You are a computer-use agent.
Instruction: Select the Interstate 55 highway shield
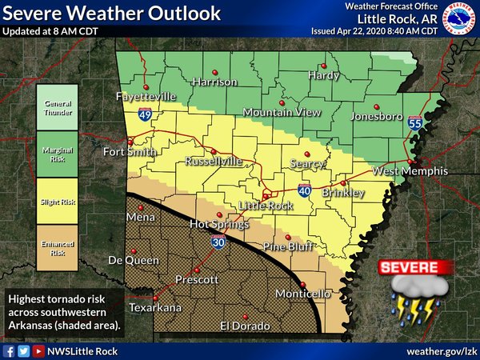(414, 122)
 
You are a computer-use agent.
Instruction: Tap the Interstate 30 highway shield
(218, 242)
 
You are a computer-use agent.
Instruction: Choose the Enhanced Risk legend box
(58, 247)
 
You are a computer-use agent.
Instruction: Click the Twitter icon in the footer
(23, 351)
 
